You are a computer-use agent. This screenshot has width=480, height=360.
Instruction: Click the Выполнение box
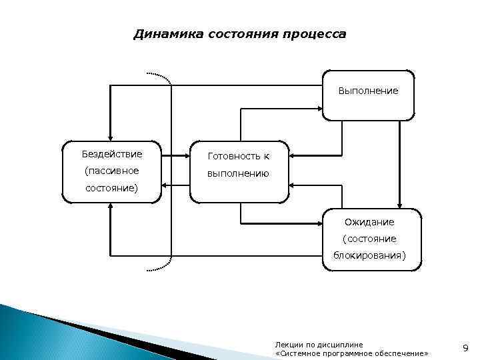click(368, 95)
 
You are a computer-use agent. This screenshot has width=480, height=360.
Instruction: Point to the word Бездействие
click(112, 154)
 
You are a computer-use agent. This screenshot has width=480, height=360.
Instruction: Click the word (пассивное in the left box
click(112, 171)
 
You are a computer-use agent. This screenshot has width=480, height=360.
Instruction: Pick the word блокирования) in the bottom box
click(369, 255)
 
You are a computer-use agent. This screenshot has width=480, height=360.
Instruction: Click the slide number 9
click(465, 347)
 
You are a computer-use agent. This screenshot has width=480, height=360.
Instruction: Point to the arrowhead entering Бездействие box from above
click(111, 136)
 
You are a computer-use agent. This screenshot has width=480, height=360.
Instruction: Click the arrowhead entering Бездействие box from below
click(111, 207)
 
